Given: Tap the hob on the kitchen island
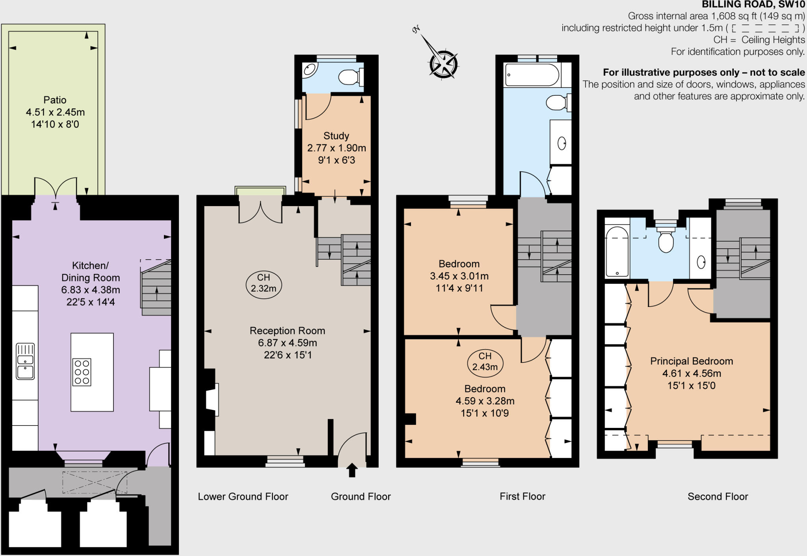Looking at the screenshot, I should [82, 372].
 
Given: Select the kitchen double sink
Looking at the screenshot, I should [25, 361].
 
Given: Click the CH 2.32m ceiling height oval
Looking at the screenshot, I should [264, 283].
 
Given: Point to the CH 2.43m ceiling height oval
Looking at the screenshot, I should [485, 362].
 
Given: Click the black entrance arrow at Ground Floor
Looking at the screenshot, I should [352, 470].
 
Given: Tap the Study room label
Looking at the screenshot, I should [336, 136].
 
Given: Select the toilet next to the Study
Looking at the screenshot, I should [349, 77].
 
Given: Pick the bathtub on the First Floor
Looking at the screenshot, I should [532, 74].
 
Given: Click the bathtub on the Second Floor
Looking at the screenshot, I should [617, 251].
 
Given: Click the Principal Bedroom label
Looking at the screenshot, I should [692, 361].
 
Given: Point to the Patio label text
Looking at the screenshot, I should [55, 100].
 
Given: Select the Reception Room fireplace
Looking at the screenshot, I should [212, 399].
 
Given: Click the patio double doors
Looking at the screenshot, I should [56, 188].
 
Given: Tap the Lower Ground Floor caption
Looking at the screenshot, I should [243, 496].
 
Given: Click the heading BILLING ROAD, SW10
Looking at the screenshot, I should [753, 5].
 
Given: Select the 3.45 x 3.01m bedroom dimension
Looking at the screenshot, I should [459, 276].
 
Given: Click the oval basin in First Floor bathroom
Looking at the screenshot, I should [562, 143].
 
